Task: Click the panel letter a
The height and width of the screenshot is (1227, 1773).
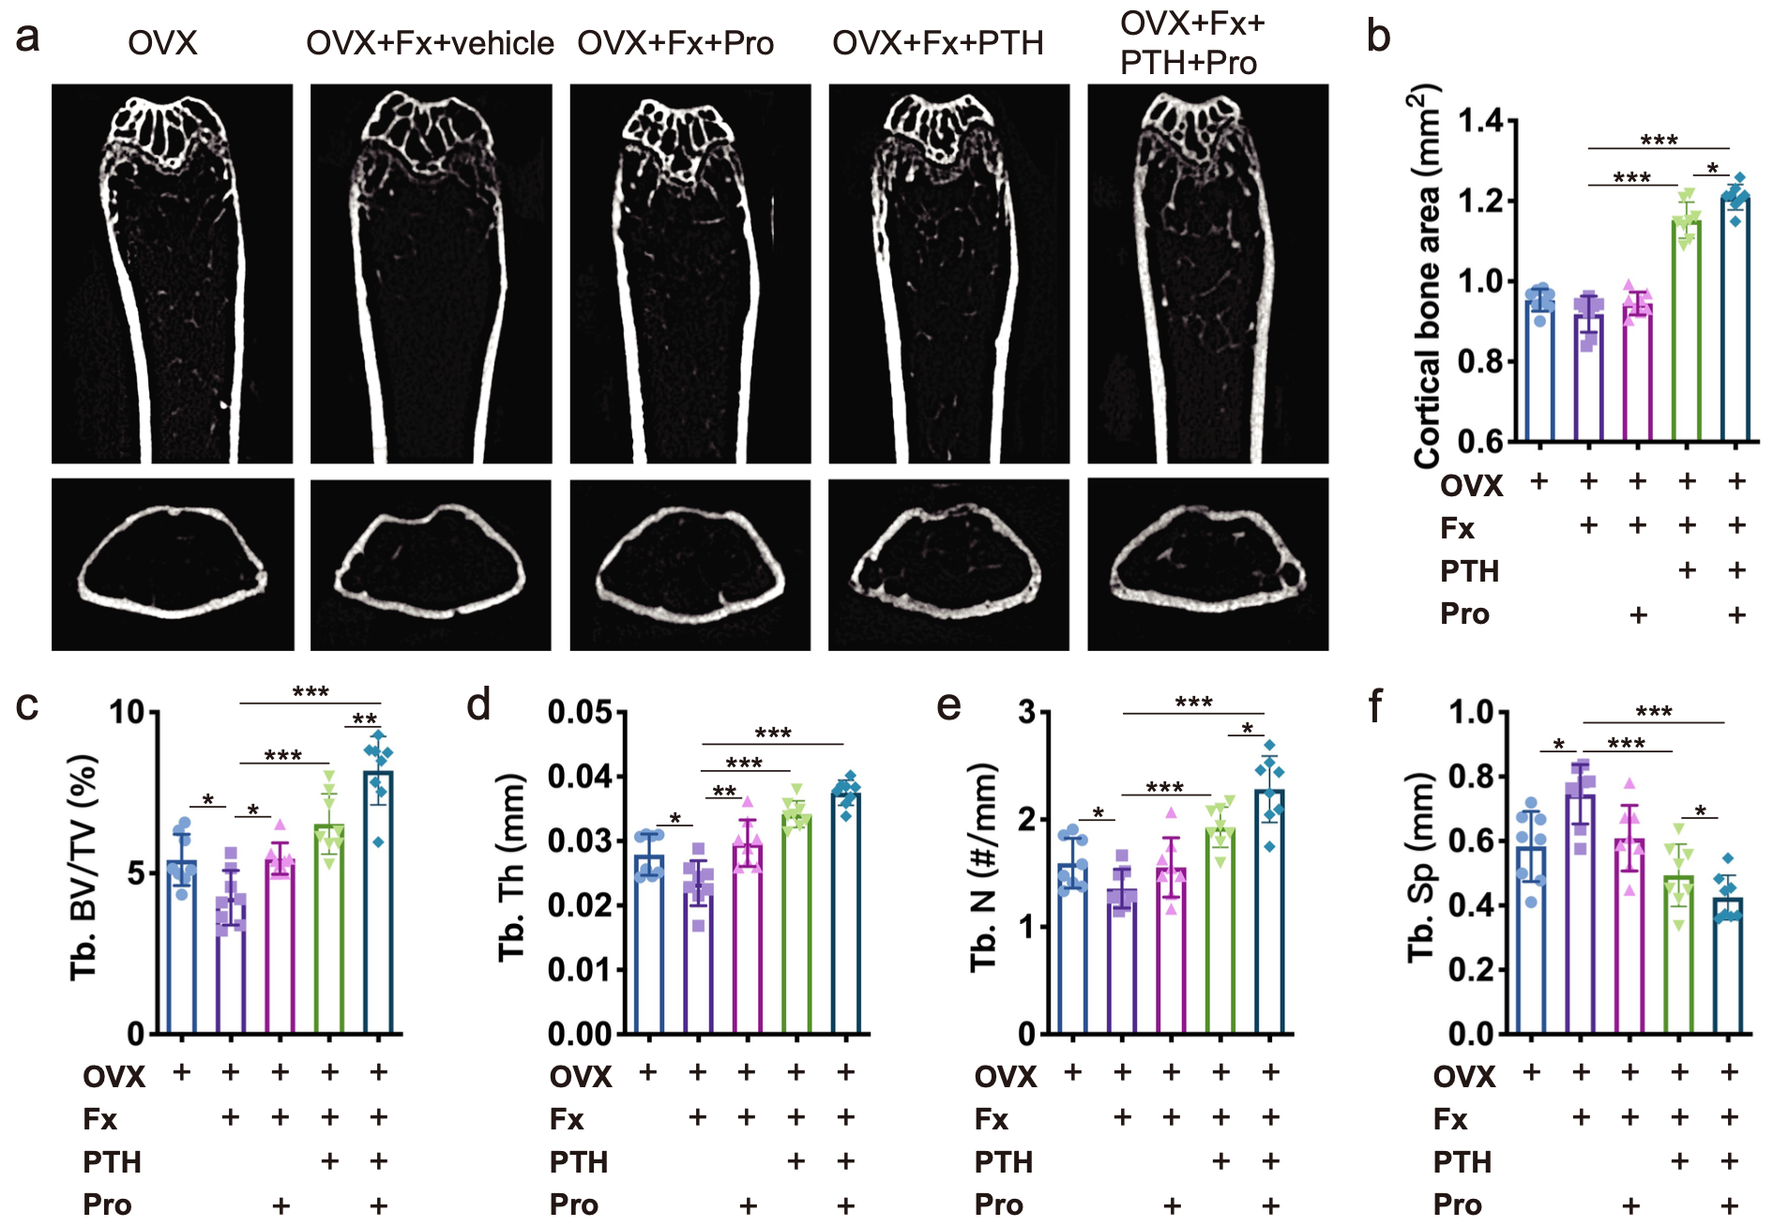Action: pos(28,38)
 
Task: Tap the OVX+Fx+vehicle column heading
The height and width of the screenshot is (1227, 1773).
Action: pos(430,43)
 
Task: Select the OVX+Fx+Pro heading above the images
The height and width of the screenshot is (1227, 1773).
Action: pos(675,43)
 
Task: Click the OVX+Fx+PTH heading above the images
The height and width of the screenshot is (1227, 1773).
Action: pos(937,43)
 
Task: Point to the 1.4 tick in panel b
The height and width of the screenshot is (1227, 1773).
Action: pos(1480,121)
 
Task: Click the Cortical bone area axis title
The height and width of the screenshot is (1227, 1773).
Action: pos(1427,277)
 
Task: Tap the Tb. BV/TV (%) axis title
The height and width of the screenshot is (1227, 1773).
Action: pos(84,868)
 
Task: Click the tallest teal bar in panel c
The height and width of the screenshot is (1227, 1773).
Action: pos(378,901)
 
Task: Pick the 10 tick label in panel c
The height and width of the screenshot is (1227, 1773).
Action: pos(128,713)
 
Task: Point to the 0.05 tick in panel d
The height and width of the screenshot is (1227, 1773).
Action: pos(580,713)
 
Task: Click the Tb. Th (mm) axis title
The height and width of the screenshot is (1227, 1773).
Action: pos(512,868)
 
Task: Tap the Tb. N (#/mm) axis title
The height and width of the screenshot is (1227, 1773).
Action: pos(983,868)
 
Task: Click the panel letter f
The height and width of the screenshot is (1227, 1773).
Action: pos(1375,705)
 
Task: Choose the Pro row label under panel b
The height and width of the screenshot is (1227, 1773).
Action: pos(1464,614)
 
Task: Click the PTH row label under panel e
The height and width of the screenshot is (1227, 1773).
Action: pos(1003,1162)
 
